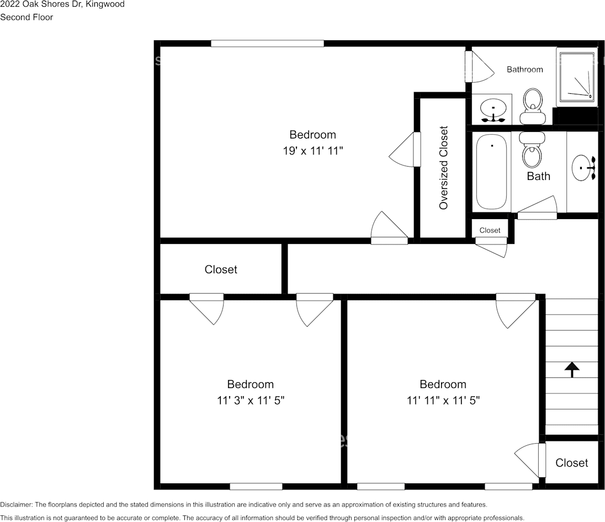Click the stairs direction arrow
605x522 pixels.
[x=571, y=369]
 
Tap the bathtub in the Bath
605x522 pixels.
[x=491, y=172]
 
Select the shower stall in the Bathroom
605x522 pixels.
[x=577, y=77]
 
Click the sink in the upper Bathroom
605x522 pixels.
[x=492, y=109]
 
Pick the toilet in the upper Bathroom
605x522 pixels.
[x=533, y=106]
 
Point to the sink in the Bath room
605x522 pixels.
[x=583, y=168]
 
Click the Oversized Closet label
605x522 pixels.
[x=443, y=168]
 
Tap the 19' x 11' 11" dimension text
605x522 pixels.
[x=312, y=150]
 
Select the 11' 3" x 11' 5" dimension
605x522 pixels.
[x=251, y=400]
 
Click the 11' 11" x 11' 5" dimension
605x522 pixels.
[x=443, y=400]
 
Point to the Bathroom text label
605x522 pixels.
[x=524, y=70]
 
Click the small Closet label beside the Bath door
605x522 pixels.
[x=490, y=230]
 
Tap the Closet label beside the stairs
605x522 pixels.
[x=571, y=463]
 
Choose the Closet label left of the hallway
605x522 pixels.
[x=221, y=269]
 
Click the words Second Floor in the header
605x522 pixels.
[x=26, y=17]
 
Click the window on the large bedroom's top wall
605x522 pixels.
[x=267, y=43]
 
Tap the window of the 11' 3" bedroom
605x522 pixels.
[x=256, y=486]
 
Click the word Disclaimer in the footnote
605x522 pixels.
[x=16, y=504]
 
